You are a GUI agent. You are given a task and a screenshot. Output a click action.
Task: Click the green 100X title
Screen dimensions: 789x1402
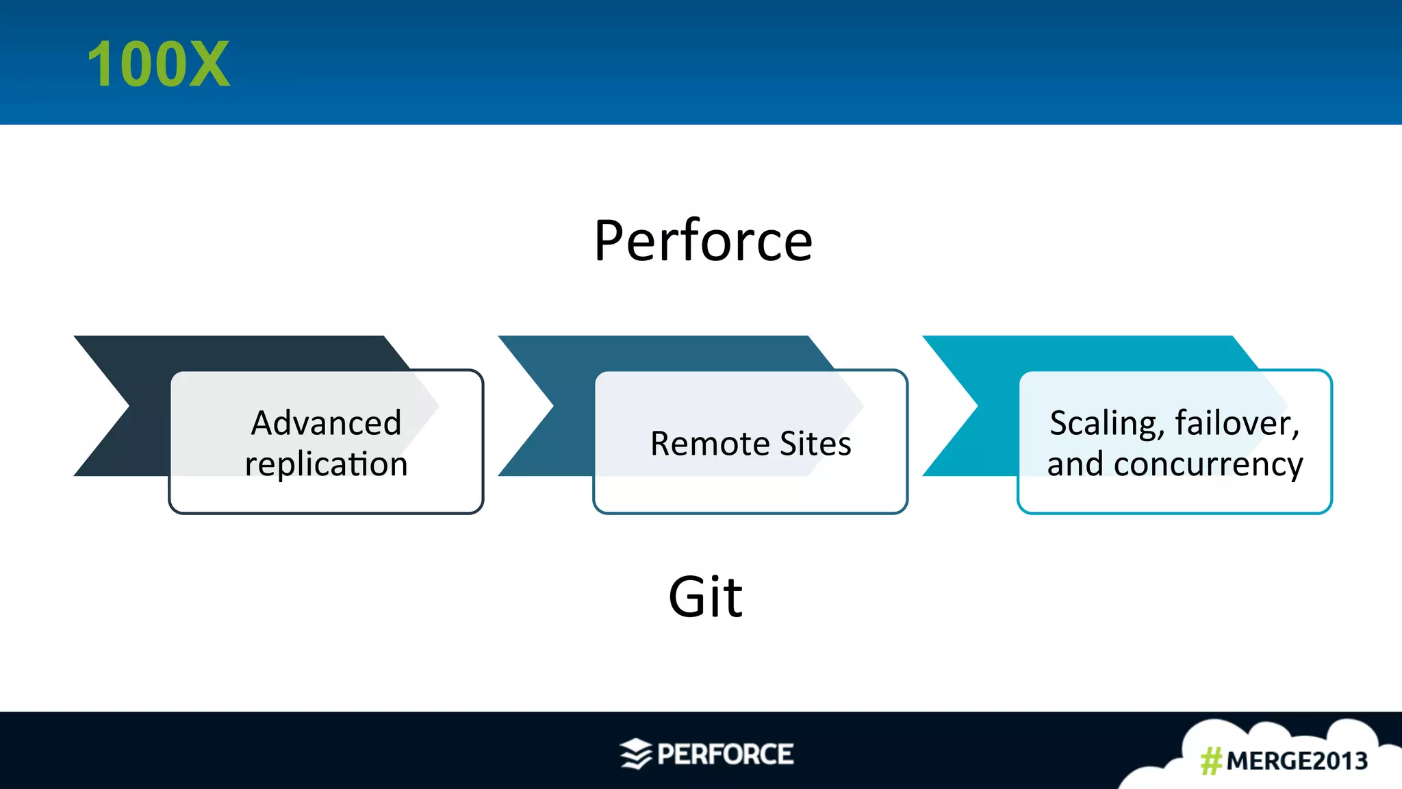(x=158, y=64)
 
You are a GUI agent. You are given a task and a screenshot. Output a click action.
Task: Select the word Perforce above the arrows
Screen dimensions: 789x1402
(x=703, y=241)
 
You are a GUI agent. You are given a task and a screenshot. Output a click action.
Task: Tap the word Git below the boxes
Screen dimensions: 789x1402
(x=705, y=597)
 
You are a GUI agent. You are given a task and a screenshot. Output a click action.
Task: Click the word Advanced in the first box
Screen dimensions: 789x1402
(x=326, y=423)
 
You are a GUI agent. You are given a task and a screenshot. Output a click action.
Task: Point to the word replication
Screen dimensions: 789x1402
(x=326, y=464)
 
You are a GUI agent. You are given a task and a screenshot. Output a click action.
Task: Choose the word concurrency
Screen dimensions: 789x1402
(x=1208, y=464)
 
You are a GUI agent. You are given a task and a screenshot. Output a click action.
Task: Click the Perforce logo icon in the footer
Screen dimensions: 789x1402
(x=636, y=754)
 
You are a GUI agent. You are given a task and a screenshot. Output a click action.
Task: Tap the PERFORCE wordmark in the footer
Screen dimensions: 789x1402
(x=725, y=754)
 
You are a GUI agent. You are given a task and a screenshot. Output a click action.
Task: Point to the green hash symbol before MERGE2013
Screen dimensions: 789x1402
(x=1211, y=761)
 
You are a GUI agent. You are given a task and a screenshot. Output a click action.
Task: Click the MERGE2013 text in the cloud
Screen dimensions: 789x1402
(x=1297, y=761)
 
